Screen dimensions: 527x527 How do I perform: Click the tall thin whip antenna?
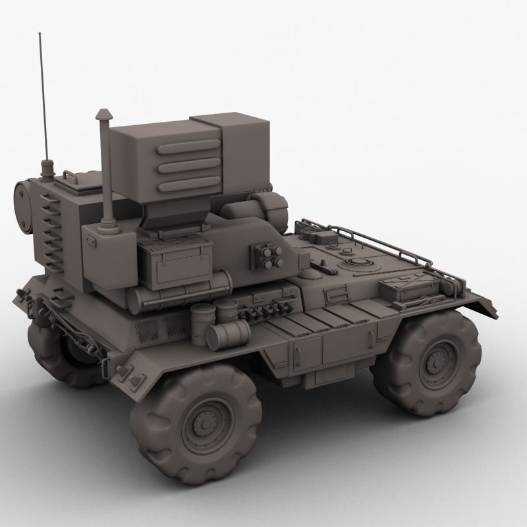tap(43, 99)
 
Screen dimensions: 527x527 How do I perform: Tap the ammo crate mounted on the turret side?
tap(175, 262)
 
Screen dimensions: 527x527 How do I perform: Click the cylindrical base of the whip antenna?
tap(47, 168)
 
